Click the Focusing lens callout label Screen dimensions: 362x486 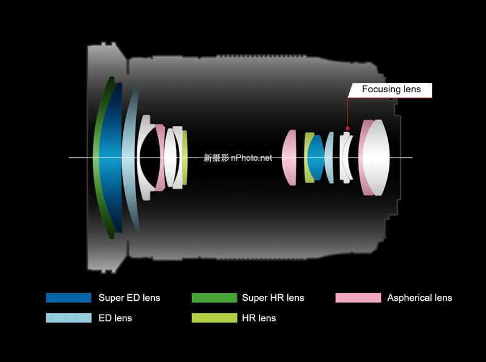(391, 90)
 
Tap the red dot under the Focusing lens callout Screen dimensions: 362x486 (347, 129)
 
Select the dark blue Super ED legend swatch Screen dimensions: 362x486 (68, 298)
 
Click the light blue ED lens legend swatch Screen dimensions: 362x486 (68, 318)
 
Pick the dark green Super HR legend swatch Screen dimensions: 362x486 (214, 298)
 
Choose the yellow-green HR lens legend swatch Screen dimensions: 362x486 (214, 318)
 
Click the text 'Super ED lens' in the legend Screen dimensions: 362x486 (129, 298)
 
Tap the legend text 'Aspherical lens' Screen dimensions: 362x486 (420, 298)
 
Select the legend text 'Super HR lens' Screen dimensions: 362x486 (273, 298)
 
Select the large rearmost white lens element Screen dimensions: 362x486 (377, 158)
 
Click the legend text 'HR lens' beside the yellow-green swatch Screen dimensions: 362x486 (259, 318)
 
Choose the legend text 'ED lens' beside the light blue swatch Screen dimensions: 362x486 (115, 318)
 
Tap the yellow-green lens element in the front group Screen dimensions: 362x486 (185, 158)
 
